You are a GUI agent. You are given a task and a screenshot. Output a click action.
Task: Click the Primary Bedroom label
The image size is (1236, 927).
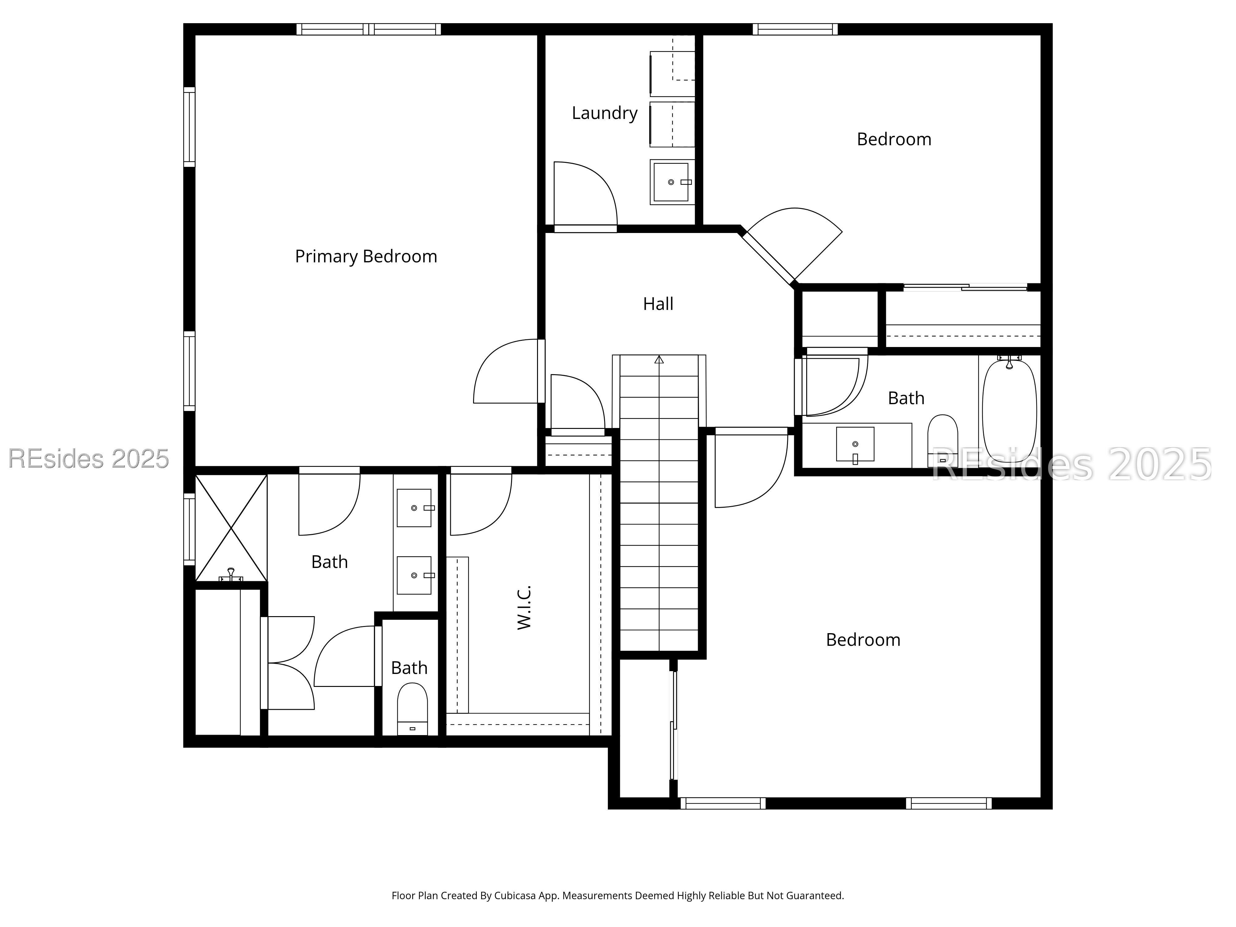pyautogui.click(x=366, y=256)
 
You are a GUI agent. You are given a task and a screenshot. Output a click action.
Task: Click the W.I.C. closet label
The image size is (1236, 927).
pyautogui.click(x=524, y=607)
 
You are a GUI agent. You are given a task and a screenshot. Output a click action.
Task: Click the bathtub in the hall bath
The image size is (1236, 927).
pyautogui.click(x=1009, y=411)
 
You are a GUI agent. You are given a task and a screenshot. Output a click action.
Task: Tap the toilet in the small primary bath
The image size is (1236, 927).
pyautogui.click(x=413, y=710)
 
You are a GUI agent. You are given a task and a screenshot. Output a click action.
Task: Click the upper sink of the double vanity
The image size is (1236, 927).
pyautogui.click(x=414, y=508)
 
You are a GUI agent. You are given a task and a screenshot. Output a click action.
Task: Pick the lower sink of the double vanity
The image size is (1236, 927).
pyautogui.click(x=414, y=575)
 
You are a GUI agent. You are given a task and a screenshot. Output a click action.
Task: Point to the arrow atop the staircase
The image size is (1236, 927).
pyautogui.click(x=659, y=360)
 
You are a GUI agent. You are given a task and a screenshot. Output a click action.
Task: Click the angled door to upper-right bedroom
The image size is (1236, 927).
pyautogui.click(x=794, y=246)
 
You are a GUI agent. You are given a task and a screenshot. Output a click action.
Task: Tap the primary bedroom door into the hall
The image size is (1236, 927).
pyautogui.click(x=506, y=372)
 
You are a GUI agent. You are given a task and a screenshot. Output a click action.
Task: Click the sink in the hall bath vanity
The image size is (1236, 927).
pyautogui.click(x=855, y=444)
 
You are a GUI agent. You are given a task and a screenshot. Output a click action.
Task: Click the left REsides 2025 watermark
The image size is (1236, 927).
pyautogui.click(x=88, y=459)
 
